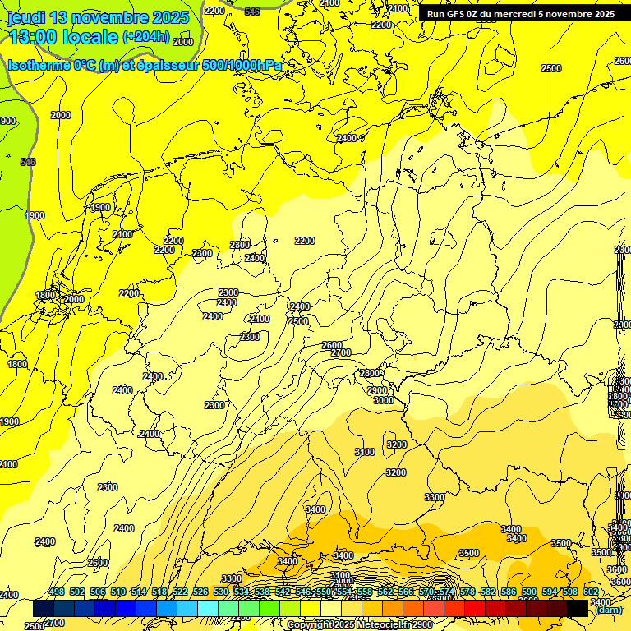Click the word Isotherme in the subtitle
pyautogui.click(x=38, y=65)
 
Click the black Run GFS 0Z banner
pyautogui.click(x=520, y=14)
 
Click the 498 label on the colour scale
pyautogui.click(x=57, y=592)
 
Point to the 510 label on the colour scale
pyautogui.click(x=118, y=592)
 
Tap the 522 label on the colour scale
pyautogui.click(x=180, y=592)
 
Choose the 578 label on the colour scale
pyautogui.click(x=467, y=592)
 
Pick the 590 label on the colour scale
pyautogui.click(x=529, y=592)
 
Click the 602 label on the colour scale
pyautogui.click(x=591, y=592)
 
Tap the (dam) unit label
pyautogui.click(x=608, y=609)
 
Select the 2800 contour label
pyautogui.click(x=371, y=373)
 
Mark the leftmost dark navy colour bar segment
pyautogui.click(x=44, y=608)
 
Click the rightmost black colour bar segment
pyautogui.click(x=578, y=608)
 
